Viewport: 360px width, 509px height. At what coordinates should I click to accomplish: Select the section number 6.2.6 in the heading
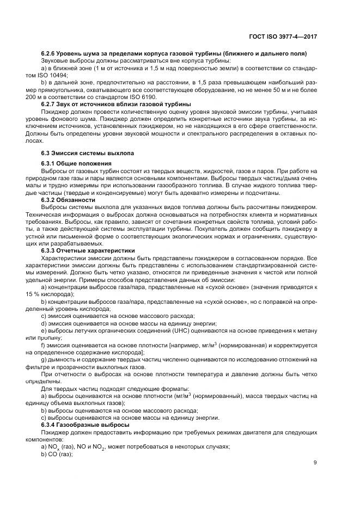tap(51, 53)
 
